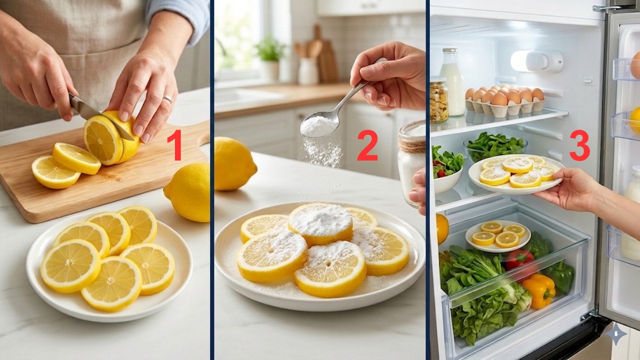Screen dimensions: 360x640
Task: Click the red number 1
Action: click(x=174, y=145)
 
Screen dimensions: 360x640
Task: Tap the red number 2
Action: click(x=367, y=145)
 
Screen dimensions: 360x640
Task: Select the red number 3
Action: click(x=579, y=145)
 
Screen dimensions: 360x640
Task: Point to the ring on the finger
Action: click(x=167, y=99)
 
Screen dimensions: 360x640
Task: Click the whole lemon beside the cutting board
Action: click(x=188, y=192)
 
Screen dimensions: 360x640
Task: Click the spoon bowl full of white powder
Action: click(x=319, y=126)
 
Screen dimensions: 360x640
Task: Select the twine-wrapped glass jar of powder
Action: click(x=412, y=160)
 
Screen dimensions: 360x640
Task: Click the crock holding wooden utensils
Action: click(x=308, y=70)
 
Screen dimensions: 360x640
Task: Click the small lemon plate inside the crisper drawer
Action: click(x=498, y=236)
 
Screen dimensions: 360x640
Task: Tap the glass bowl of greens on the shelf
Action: click(x=494, y=147)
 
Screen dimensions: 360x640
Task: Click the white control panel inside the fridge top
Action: click(x=536, y=61)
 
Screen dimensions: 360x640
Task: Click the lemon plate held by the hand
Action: click(x=515, y=174)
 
